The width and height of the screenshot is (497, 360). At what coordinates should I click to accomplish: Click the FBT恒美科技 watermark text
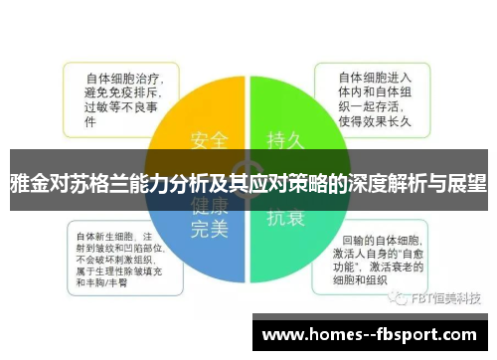click(442, 298)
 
